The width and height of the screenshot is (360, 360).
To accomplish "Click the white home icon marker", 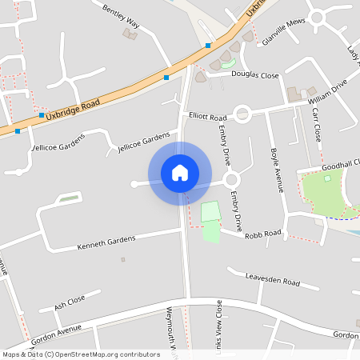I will click(x=180, y=172).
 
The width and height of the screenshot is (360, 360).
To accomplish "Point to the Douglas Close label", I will click(x=255, y=75).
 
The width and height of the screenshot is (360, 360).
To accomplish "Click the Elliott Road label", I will click(x=207, y=117).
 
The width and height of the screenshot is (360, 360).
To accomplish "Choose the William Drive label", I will click(x=327, y=90).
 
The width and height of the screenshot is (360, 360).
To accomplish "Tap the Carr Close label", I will click(x=317, y=124).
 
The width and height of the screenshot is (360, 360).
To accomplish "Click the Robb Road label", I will click(x=263, y=233).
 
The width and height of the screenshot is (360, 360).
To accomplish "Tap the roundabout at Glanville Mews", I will click(x=318, y=16).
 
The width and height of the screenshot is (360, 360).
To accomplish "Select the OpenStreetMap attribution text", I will click(x=81, y=354).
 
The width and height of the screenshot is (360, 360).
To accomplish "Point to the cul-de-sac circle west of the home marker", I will click(x=134, y=185).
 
